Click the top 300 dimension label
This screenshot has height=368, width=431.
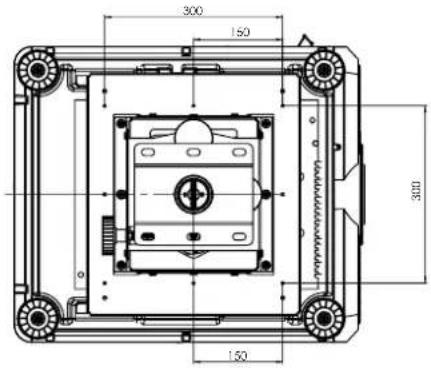[193, 11]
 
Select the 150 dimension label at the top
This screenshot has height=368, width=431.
[240, 32]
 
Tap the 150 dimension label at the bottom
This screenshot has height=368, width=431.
[238, 356]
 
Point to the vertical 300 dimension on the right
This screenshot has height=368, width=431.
[416, 191]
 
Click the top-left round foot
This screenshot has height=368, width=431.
[37, 70]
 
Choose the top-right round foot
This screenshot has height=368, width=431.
[324, 70]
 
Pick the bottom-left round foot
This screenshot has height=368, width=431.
[37, 318]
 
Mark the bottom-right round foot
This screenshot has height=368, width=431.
[324, 318]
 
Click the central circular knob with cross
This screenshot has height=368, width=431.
[193, 193]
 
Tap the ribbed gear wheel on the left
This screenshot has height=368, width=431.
[108, 235]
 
